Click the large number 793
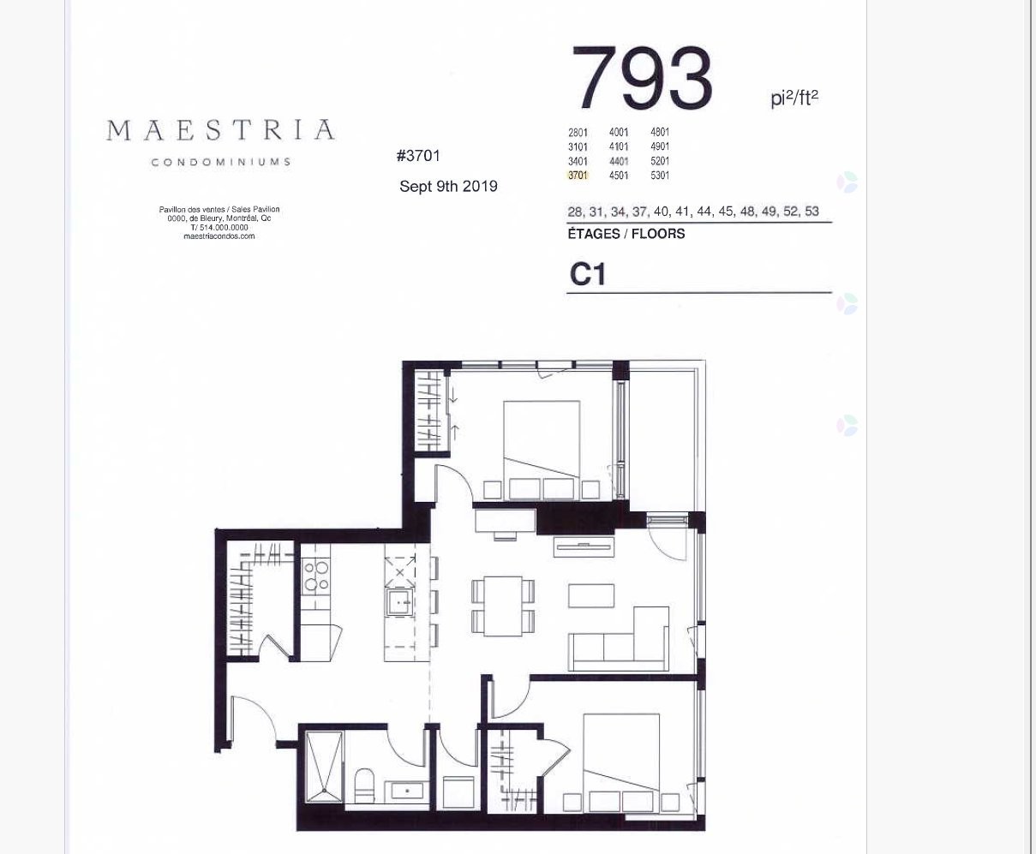click(643, 79)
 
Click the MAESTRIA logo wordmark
click(220, 131)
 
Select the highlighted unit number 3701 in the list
click(578, 176)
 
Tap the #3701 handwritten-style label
click(418, 156)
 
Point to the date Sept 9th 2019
click(448, 187)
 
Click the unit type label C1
click(588, 274)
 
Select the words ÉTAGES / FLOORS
click(626, 234)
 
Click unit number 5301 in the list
click(660, 176)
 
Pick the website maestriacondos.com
click(219, 236)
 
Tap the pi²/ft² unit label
click(793, 99)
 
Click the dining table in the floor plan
click(503, 606)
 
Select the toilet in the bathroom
click(364, 783)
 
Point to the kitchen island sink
click(399, 602)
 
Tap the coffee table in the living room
click(591, 595)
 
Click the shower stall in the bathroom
click(324, 767)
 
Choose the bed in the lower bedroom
click(621, 759)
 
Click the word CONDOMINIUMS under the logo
click(220, 162)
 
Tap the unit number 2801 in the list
click(578, 133)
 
